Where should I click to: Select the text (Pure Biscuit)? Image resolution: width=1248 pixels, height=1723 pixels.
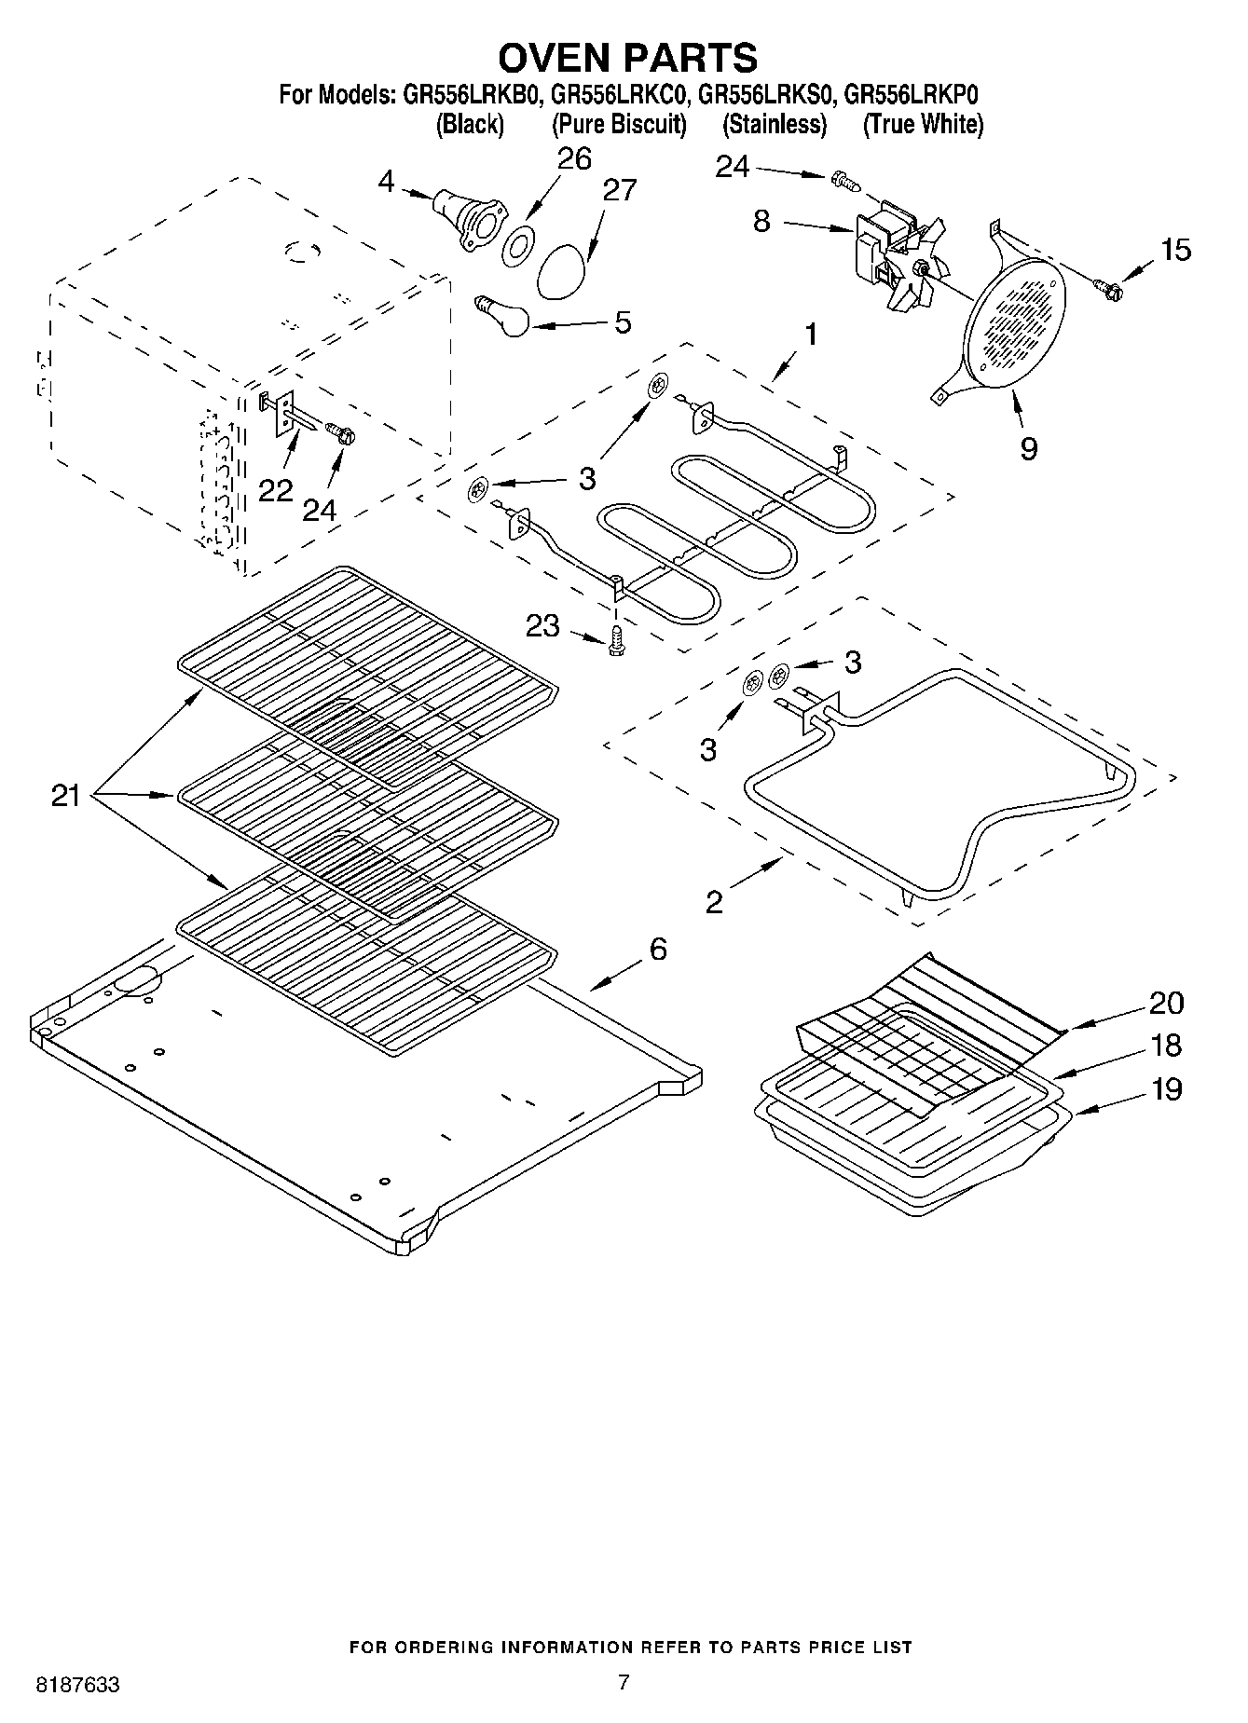point(619,124)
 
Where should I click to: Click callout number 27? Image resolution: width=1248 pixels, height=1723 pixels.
point(619,190)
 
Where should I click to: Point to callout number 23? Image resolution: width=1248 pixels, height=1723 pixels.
point(542,625)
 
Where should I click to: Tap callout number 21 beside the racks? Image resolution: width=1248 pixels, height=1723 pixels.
point(65,796)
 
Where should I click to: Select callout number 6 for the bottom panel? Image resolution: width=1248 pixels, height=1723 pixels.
point(658,950)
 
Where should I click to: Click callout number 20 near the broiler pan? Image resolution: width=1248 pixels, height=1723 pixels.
point(1166,1003)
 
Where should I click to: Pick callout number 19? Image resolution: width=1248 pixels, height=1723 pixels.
point(1166,1088)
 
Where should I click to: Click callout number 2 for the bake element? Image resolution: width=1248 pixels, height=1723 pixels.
point(713,902)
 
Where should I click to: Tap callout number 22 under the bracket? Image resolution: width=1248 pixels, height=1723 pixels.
point(275,490)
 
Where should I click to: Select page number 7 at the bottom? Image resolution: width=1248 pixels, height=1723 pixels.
point(624,1682)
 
